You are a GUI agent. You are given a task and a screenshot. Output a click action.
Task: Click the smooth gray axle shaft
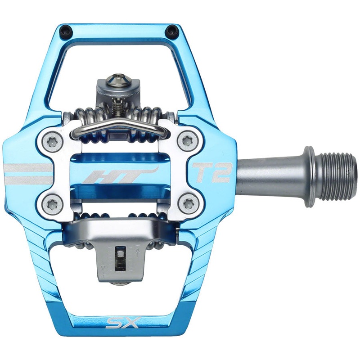[270, 173]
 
